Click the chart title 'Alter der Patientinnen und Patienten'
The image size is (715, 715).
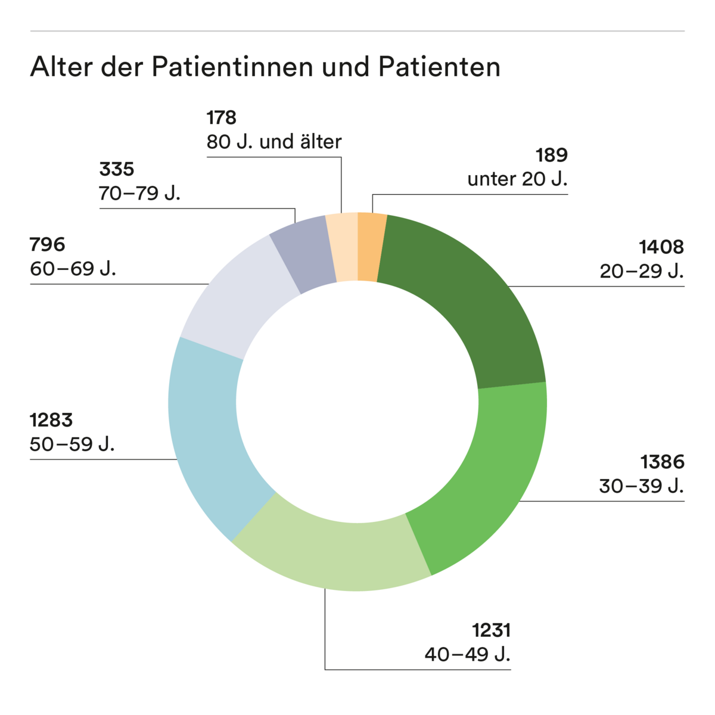point(265,67)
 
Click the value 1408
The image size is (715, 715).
point(661,247)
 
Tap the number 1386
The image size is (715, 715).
point(662,462)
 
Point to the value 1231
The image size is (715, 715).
point(492,630)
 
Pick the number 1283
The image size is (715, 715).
point(51,420)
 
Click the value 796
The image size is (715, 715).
point(48,244)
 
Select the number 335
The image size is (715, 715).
point(117,169)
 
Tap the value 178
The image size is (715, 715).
point(222,117)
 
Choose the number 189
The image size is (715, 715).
point(552,155)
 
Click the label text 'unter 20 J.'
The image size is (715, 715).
point(517,179)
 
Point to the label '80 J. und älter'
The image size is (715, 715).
point(274,142)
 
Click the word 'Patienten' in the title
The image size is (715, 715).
point(439,67)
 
